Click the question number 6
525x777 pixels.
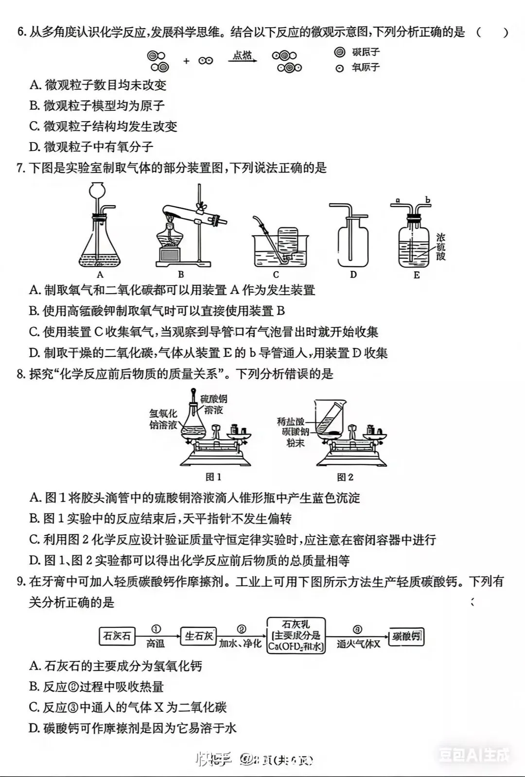pyautogui.click(x=21, y=33)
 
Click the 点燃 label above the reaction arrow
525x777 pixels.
pyautogui.click(x=242, y=55)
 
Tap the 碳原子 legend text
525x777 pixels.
pyautogui.click(x=366, y=52)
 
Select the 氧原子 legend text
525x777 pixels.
pyautogui.click(x=366, y=68)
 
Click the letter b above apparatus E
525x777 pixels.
pyautogui.click(x=428, y=200)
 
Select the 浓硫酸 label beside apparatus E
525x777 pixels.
pyautogui.click(x=440, y=247)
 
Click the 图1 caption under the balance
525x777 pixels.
pyautogui.click(x=213, y=477)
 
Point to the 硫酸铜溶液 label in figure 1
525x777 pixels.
pyautogui.click(x=214, y=405)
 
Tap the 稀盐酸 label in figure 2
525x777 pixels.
pyautogui.click(x=291, y=422)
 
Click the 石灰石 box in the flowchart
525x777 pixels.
pyautogui.click(x=117, y=636)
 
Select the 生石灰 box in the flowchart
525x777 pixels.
pyautogui.click(x=198, y=636)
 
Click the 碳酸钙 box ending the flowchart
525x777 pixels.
pyautogui.click(x=407, y=636)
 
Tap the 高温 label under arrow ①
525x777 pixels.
pyautogui.click(x=156, y=644)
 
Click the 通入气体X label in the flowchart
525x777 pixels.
pyautogui.click(x=358, y=644)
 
